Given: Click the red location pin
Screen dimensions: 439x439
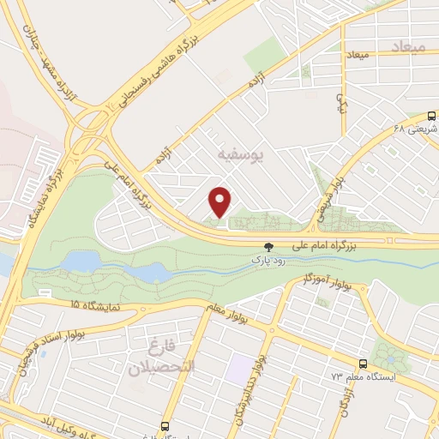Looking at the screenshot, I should point(221,201).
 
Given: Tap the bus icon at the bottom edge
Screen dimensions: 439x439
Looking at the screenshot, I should point(165,426).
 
